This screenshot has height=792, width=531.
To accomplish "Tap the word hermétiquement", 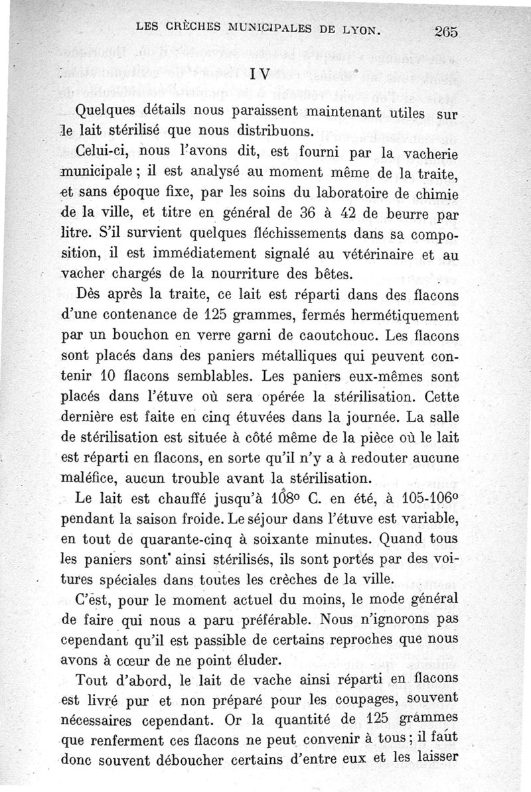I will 408,315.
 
